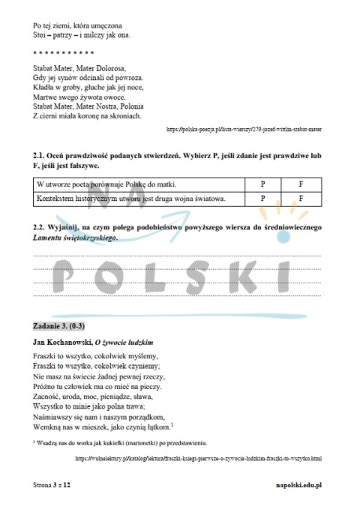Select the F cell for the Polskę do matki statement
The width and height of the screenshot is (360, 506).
tap(300, 183)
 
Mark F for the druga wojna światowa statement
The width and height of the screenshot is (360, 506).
tap(300, 199)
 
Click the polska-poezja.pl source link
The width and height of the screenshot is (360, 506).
tap(241, 129)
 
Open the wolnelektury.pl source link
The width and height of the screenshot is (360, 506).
tap(199, 457)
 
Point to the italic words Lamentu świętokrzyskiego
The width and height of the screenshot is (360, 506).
tap(75, 237)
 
